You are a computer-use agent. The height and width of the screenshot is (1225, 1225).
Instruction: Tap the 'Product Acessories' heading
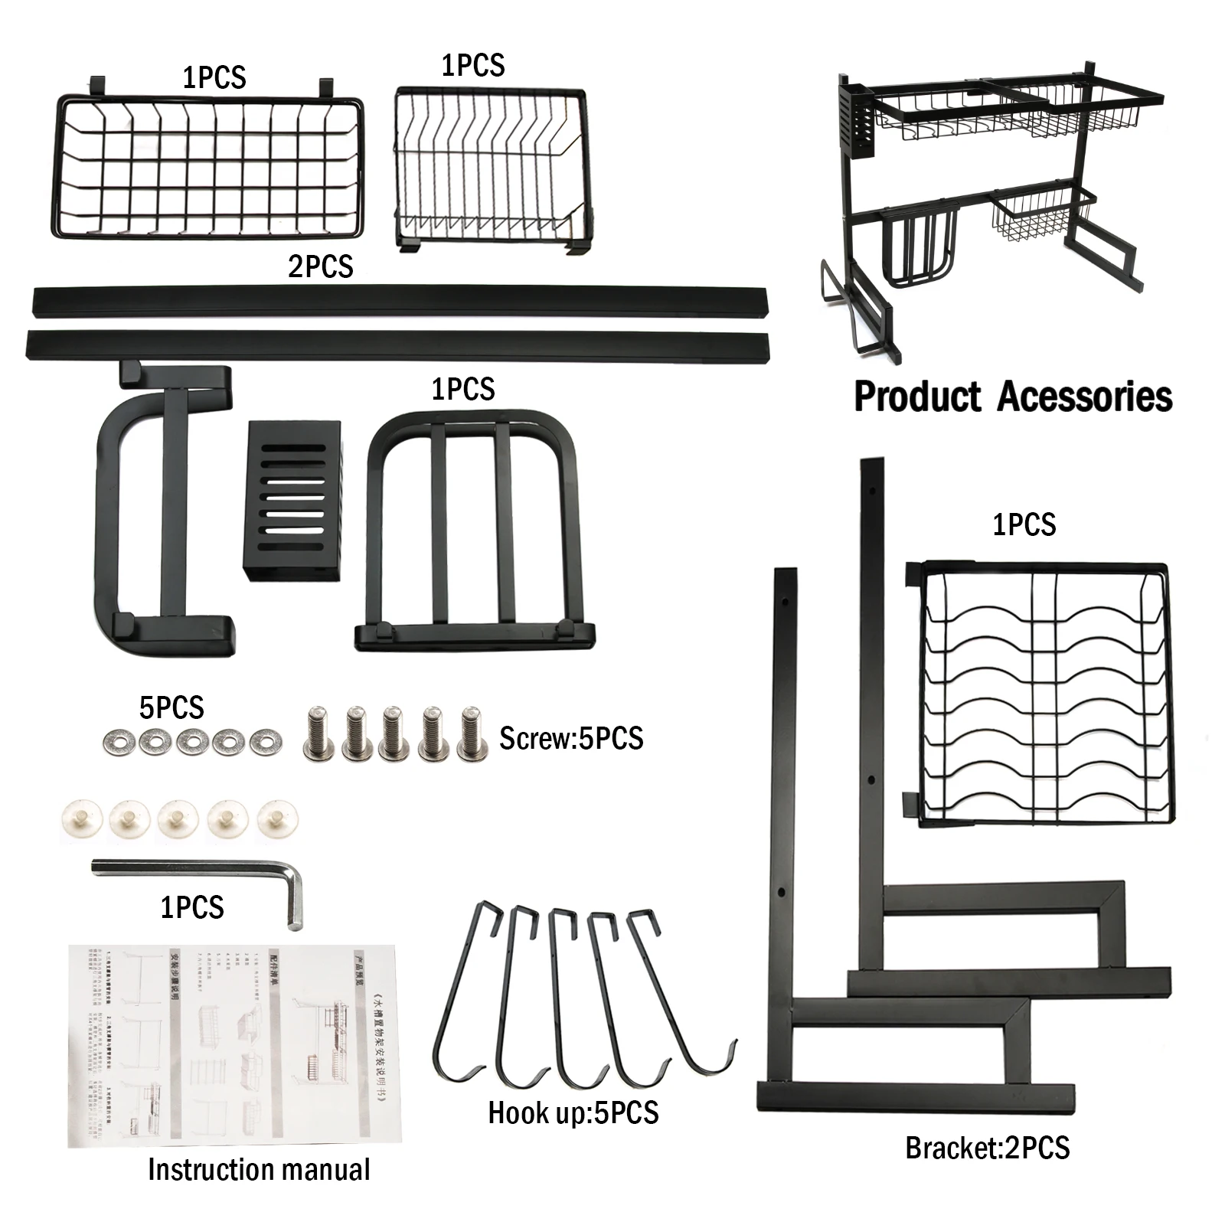tap(1012, 397)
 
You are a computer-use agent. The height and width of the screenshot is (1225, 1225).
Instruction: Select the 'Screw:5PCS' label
tap(571, 739)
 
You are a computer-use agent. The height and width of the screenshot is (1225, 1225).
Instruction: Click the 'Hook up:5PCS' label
tap(573, 1112)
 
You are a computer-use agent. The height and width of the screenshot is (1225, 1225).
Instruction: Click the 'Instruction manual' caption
tap(259, 1170)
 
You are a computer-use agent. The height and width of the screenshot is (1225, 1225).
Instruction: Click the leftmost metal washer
tap(117, 740)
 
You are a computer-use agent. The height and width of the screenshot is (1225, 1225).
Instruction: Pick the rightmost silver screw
tap(472, 734)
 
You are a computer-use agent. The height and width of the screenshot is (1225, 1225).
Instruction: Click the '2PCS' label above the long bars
tap(320, 266)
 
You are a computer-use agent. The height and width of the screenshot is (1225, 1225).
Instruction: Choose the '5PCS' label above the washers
tap(171, 707)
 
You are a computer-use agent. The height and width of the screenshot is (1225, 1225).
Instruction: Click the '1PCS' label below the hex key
tap(191, 907)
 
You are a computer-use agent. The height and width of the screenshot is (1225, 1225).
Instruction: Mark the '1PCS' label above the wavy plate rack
tap(1024, 525)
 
